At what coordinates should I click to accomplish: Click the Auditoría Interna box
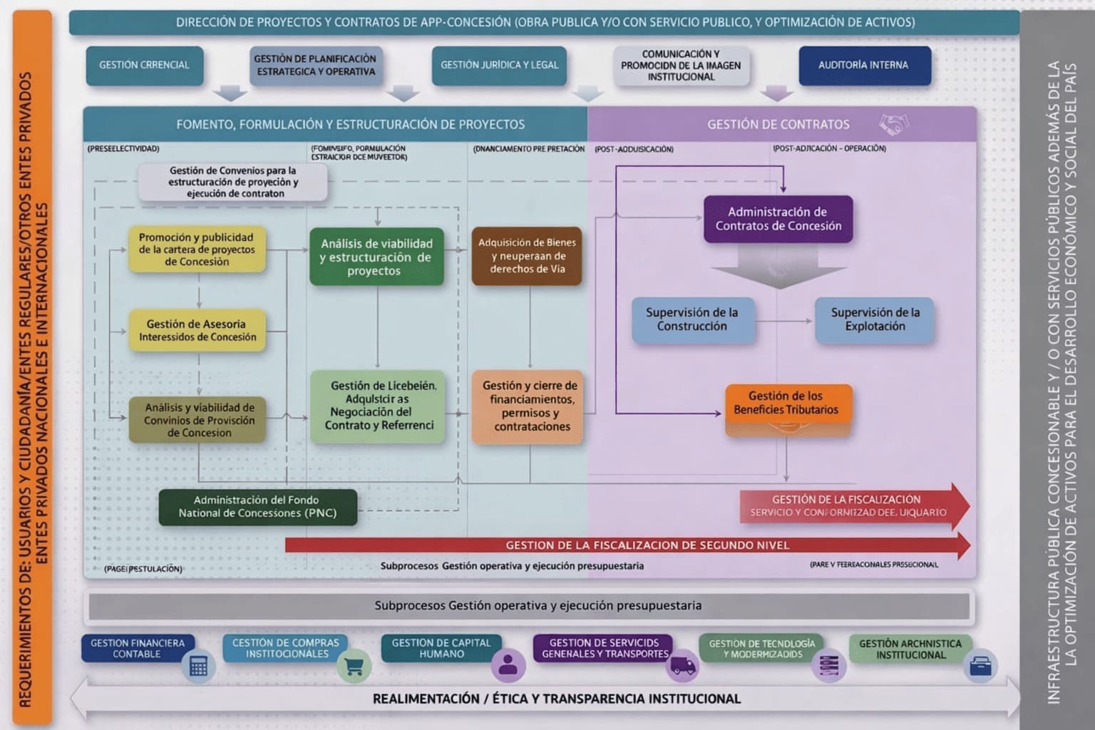[x=864, y=66]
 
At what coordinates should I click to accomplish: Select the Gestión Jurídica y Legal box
[x=499, y=66]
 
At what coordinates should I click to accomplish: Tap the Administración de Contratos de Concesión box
[x=778, y=219]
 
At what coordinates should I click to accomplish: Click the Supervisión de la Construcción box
[x=692, y=319]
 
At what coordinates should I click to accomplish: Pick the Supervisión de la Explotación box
[x=875, y=319]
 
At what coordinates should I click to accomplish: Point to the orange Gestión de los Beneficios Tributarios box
[x=788, y=403]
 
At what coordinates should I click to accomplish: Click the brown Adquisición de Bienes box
[x=527, y=256]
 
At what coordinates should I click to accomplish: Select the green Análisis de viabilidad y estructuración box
[x=376, y=257]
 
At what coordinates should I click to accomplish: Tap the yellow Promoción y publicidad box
[x=197, y=250]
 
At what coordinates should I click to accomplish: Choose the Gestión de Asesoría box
[x=197, y=330]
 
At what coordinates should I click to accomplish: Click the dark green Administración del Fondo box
[x=257, y=507]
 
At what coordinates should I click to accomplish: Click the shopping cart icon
[x=354, y=667]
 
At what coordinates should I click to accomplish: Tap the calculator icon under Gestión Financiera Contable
[x=198, y=667]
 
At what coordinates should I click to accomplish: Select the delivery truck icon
[x=682, y=667]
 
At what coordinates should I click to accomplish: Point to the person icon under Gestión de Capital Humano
[x=508, y=665]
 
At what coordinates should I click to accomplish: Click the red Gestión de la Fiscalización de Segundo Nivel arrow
[x=627, y=545]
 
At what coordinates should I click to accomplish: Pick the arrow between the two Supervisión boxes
[x=784, y=321]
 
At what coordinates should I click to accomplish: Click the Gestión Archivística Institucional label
[x=910, y=649]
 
